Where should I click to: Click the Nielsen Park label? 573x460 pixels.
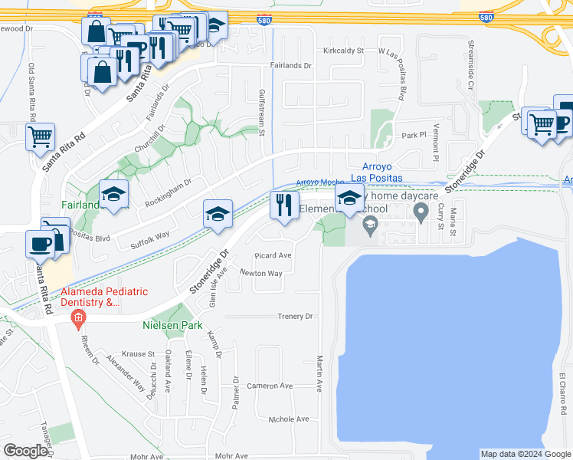(172, 324)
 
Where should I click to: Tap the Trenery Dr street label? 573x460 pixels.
(296, 316)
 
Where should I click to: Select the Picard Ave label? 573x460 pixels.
(273, 255)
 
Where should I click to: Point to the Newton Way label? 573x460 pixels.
(261, 273)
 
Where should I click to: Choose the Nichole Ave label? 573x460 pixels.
(289, 419)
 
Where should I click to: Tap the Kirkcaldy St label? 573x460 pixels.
(342, 51)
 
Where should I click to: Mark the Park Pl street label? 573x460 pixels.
(413, 135)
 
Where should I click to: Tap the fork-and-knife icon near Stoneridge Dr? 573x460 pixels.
(283, 205)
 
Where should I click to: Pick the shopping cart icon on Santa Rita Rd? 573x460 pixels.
(40, 136)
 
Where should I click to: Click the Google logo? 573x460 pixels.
(25, 451)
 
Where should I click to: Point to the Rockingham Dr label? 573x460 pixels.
(168, 192)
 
